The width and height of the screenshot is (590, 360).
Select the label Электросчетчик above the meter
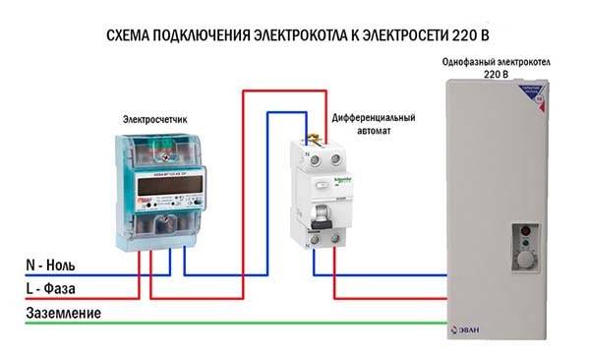pos(154,120)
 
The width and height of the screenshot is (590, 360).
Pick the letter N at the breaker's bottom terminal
pos(310,247)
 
